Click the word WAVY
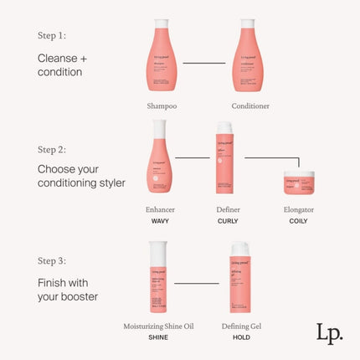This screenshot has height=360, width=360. click(x=161, y=221)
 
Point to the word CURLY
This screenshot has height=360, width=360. click(x=228, y=221)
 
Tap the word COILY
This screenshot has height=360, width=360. click(x=298, y=221)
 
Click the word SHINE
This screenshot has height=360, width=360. click(x=157, y=337)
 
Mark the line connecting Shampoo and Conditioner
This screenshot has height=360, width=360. click(x=204, y=62)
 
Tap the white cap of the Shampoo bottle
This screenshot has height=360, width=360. click(x=162, y=23)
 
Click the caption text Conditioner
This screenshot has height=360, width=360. click(x=252, y=106)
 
